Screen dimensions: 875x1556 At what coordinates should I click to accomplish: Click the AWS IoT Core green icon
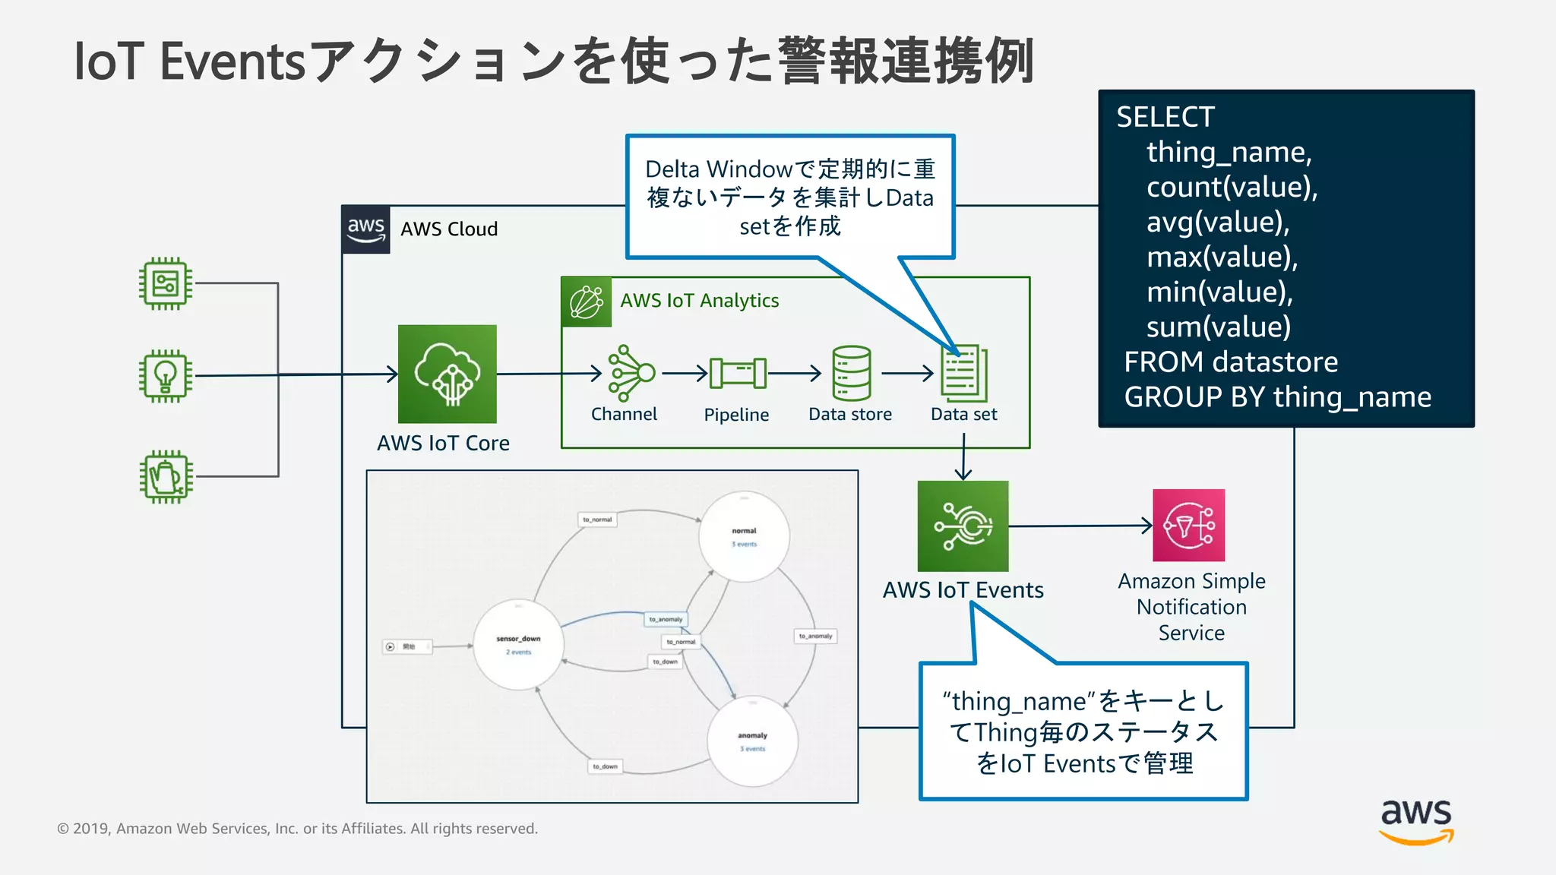tap(447, 374)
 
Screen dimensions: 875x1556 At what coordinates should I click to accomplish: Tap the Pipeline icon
tap(737, 373)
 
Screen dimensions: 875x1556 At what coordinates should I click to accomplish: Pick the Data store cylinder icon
tap(851, 373)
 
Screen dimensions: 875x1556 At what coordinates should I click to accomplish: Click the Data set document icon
tap(963, 373)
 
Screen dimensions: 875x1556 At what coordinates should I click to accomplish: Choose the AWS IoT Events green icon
tap(963, 526)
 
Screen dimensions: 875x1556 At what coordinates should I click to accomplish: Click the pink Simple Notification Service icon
tap(1188, 525)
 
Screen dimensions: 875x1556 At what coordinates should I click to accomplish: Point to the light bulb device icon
tap(166, 375)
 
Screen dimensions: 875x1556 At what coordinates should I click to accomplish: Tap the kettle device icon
tap(166, 477)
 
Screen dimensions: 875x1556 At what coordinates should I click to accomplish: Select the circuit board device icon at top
tap(166, 283)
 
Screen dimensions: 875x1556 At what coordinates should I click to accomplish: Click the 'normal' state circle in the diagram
tap(744, 536)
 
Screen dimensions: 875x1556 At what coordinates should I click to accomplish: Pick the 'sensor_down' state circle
tap(518, 645)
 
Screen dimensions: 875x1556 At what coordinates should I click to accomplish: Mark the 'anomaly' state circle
tap(752, 741)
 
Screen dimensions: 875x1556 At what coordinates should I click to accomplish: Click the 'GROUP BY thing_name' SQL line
tap(1277, 396)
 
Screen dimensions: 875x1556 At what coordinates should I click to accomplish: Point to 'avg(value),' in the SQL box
tap(1218, 222)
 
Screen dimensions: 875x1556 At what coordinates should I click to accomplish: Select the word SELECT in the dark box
tap(1165, 117)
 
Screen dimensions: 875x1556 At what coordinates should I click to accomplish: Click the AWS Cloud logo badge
tap(365, 229)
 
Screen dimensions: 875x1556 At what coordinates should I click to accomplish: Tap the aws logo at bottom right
tap(1415, 821)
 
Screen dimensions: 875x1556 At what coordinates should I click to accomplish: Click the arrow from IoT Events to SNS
tap(1079, 526)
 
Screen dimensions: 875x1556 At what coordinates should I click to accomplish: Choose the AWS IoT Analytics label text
tap(699, 301)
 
